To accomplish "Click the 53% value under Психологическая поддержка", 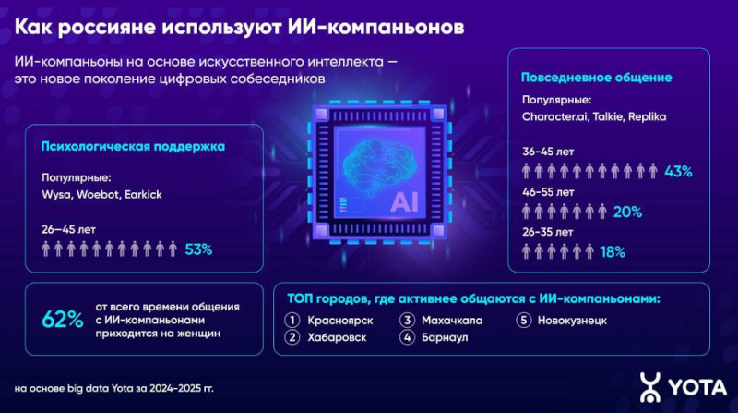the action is pos(198,249).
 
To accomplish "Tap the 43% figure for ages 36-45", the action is pos(678,172).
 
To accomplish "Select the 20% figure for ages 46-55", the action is pos(627,213).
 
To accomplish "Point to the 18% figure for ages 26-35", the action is pos(613,253).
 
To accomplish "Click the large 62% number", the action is pos(63,320).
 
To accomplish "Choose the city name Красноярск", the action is pos(340,321).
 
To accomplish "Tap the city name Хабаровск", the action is pos(337,337).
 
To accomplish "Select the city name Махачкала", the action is pos(452,321).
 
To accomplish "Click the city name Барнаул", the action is pos(445,337).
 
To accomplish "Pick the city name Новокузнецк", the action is pos(572,321).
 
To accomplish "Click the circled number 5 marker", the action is pos(523,321).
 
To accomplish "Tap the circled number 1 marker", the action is pos(292,321).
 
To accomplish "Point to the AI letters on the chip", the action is pos(404,201).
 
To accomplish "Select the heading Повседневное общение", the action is pos(596,78).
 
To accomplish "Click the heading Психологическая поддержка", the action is pos(133,147).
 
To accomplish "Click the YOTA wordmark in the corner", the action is pos(697,388).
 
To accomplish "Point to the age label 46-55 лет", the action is pos(548,192).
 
